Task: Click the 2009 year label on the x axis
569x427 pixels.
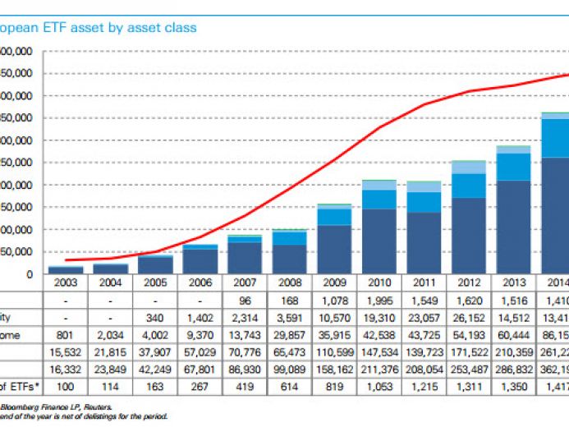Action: (x=329, y=282)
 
